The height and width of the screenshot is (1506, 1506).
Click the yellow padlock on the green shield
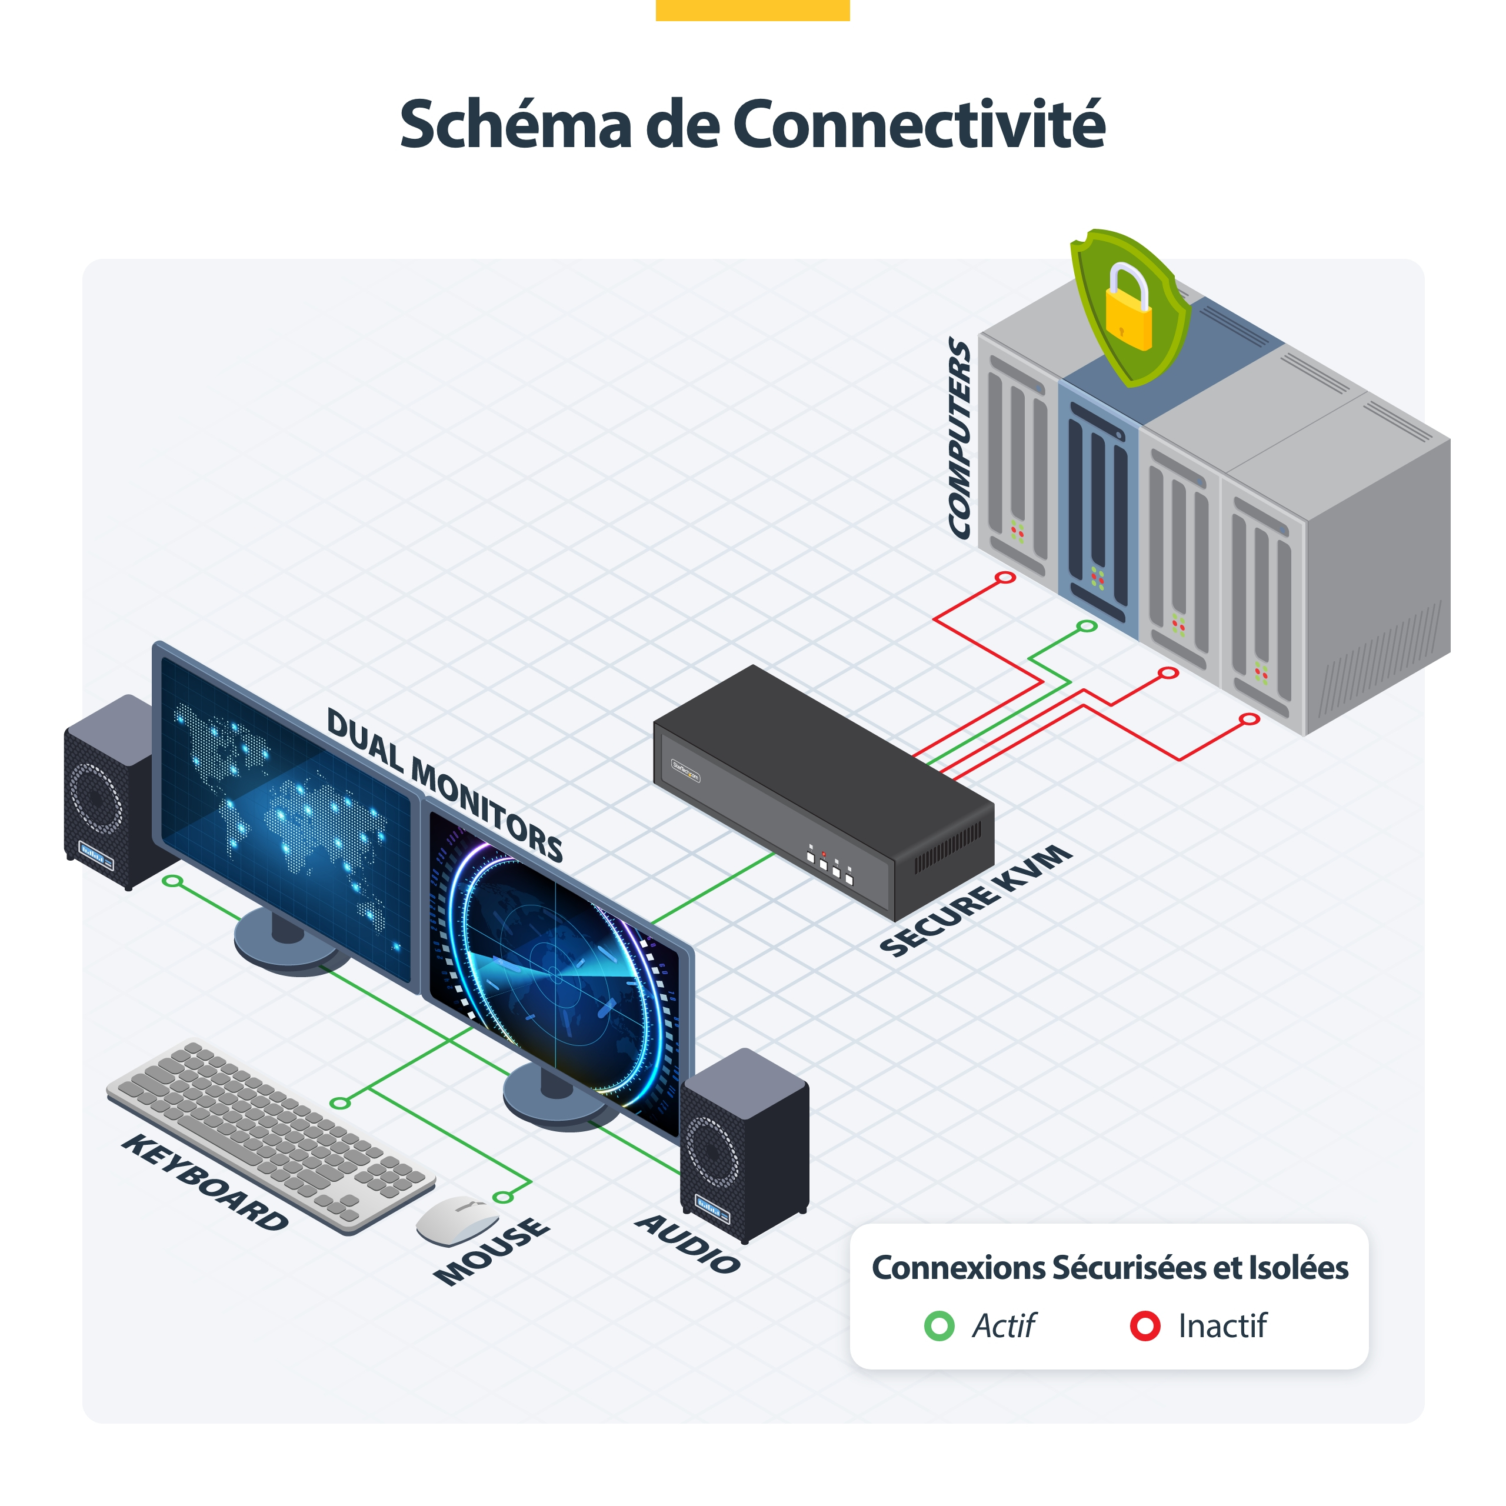[1127, 307]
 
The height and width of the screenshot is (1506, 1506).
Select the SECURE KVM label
[976, 899]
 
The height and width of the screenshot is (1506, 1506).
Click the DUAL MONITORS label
[444, 784]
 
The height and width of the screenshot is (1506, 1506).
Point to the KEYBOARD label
[205, 1182]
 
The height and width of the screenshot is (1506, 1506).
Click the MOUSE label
[492, 1251]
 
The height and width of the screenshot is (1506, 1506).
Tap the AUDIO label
[688, 1244]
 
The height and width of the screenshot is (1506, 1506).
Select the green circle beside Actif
[938, 1325]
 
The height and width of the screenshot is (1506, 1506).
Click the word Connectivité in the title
[919, 125]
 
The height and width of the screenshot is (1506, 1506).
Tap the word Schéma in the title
[515, 125]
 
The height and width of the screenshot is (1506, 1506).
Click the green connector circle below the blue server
[1087, 626]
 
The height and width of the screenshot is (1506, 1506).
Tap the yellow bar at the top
[752, 10]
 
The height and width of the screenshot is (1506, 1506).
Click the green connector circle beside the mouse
[503, 1197]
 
